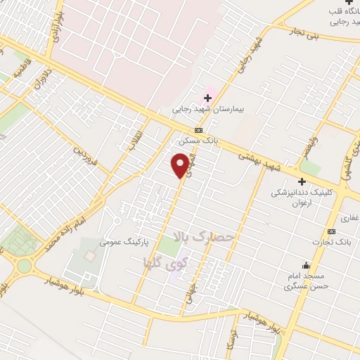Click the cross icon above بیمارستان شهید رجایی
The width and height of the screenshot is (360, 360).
pos(207,96)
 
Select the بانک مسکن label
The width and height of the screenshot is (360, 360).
pos(198,141)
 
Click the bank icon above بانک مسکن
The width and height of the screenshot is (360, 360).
pos(199,130)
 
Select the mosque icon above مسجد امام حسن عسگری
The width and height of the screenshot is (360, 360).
pos(306,265)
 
